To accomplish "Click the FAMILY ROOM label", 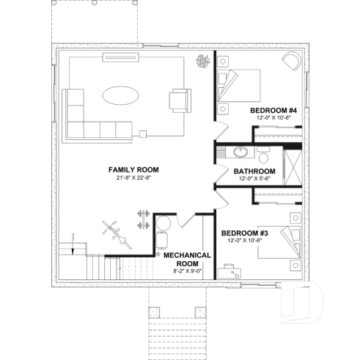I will [x=133, y=169].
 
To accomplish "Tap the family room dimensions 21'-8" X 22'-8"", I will [x=133, y=177].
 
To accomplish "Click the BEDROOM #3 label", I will [x=246, y=232].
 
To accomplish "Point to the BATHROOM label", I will [x=254, y=171].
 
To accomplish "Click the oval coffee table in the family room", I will [x=121, y=95].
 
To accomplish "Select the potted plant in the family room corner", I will [x=201, y=63].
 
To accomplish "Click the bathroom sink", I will [x=240, y=153].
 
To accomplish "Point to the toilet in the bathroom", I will [x=263, y=155].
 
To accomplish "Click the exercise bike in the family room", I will [x=113, y=229].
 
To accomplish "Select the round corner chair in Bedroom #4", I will [x=291, y=61].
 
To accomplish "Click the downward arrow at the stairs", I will [x=74, y=251].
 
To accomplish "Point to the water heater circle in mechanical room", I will [x=163, y=222].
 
